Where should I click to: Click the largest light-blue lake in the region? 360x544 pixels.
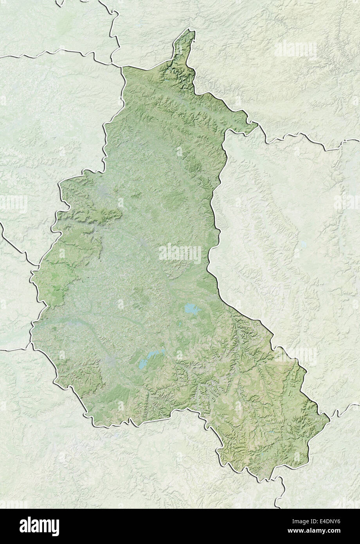191,309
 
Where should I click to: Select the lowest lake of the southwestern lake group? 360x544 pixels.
142,368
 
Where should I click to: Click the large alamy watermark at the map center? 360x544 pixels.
180,254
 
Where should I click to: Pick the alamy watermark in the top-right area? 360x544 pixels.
295,49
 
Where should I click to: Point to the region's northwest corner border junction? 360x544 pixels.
122,67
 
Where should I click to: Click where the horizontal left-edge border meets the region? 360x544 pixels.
31,345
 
